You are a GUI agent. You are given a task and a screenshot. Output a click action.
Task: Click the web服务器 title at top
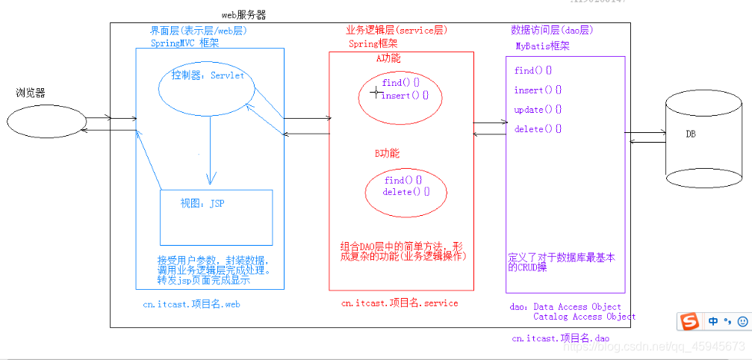click(243, 14)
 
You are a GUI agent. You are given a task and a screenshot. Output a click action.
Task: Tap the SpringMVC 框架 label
click(184, 43)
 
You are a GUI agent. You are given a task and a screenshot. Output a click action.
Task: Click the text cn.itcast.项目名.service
click(400, 303)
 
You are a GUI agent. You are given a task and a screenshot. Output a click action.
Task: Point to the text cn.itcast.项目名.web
click(192, 304)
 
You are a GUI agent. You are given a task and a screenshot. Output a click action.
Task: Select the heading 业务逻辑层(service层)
click(396, 31)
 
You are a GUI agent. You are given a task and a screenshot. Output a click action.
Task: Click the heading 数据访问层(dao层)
click(553, 31)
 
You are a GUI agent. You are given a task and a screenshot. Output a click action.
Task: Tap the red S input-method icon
click(689, 321)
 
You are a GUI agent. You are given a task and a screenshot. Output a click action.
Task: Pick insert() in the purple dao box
click(538, 90)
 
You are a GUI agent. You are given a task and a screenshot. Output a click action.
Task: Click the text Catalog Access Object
click(585, 317)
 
